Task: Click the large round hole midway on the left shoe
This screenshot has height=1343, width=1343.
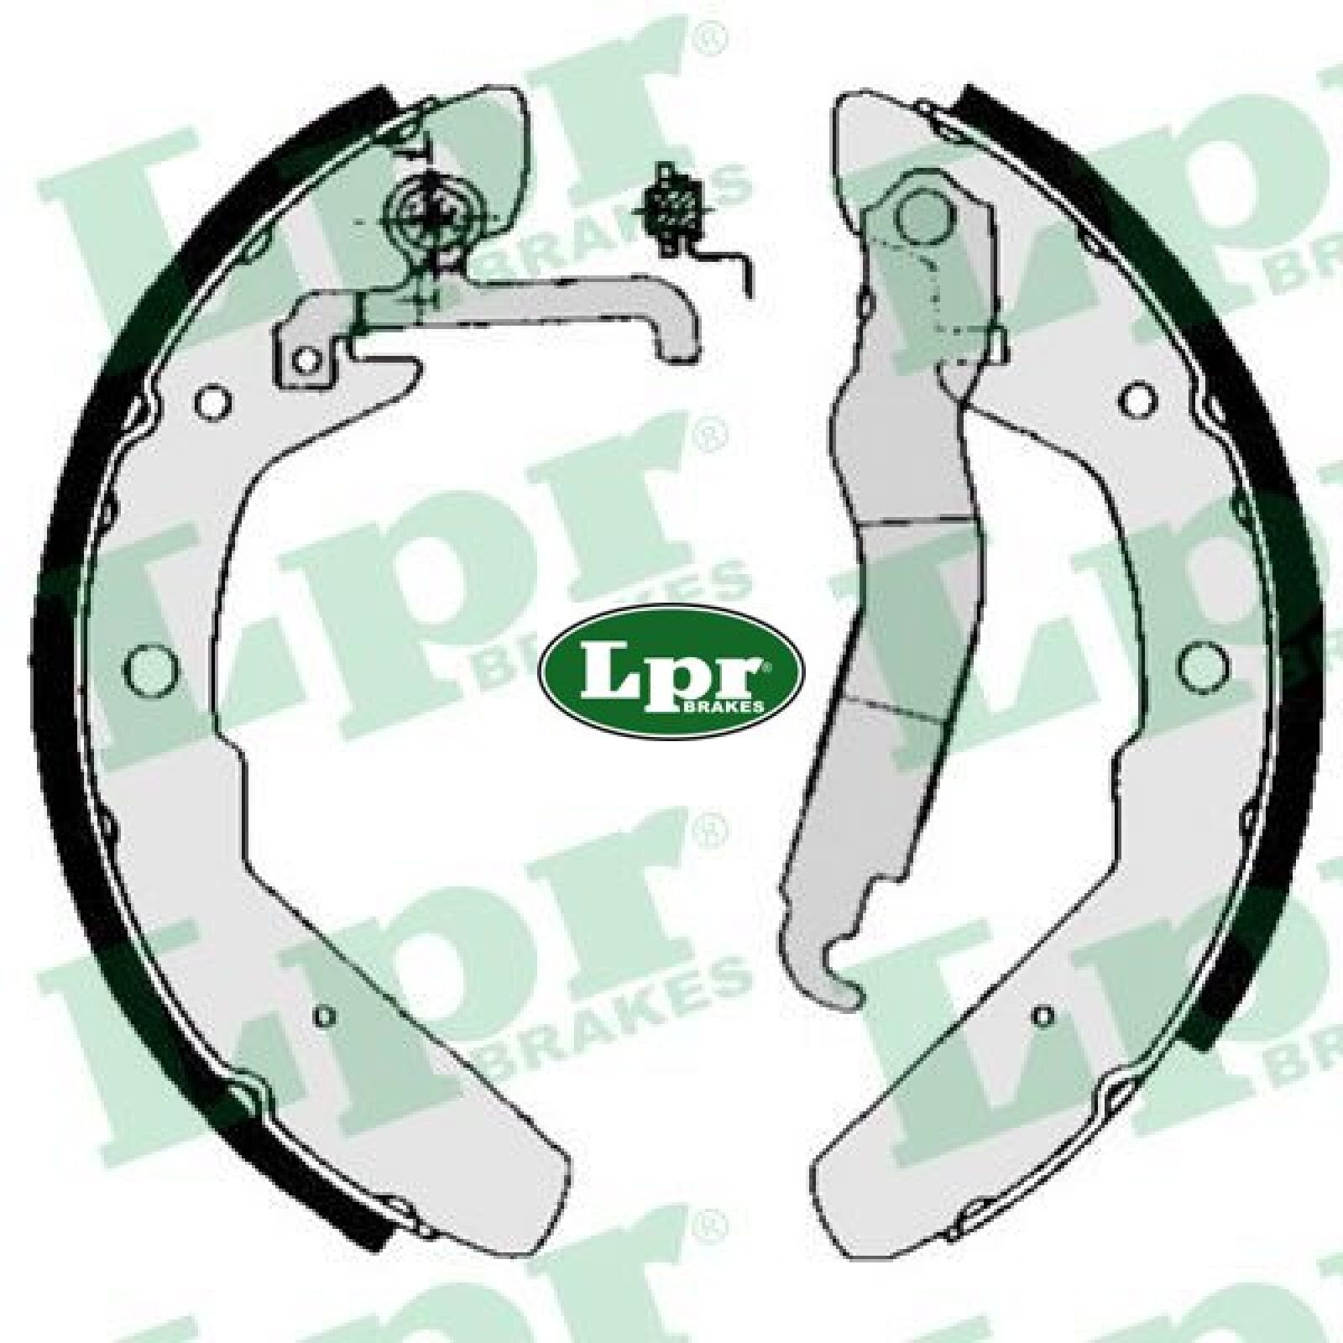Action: [154, 667]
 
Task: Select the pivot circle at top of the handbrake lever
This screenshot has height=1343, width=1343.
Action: [924, 216]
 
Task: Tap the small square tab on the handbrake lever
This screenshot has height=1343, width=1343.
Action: [996, 343]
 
